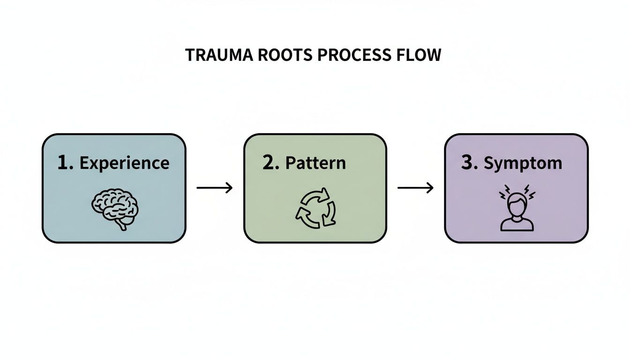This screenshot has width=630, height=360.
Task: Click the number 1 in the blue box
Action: click(x=64, y=163)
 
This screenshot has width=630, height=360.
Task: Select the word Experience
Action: click(x=124, y=163)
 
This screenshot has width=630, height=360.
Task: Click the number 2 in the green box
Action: click(x=270, y=163)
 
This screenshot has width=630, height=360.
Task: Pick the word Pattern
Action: click(x=315, y=163)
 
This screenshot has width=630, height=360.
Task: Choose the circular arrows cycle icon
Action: click(x=315, y=208)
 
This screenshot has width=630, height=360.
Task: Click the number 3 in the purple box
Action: click(x=469, y=163)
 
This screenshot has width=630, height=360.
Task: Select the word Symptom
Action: click(x=523, y=163)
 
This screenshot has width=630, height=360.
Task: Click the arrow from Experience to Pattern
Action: click(x=214, y=188)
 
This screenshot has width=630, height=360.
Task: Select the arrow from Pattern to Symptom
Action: click(x=415, y=188)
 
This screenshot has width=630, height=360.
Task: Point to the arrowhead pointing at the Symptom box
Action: click(x=430, y=188)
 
